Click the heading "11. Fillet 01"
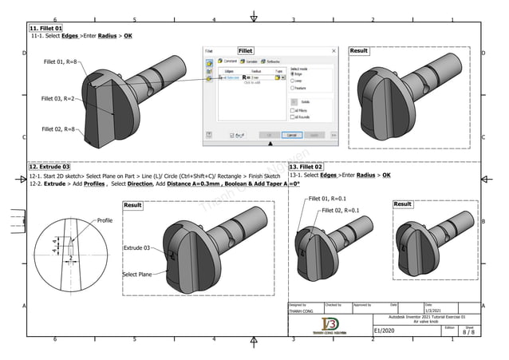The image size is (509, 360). [x=45, y=28]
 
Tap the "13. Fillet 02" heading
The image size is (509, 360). [x=306, y=166]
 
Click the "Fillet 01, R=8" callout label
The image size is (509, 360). [x=60, y=61]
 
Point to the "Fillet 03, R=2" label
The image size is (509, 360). [x=58, y=98]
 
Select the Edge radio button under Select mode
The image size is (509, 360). [x=293, y=73]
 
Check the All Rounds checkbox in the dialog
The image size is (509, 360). [x=293, y=116]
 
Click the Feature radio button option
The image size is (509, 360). [x=293, y=88]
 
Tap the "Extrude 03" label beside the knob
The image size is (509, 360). [x=136, y=248]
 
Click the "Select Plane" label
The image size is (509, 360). [x=136, y=274]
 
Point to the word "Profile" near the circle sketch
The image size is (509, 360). [x=105, y=220]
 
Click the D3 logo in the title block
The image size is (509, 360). [x=329, y=324]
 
